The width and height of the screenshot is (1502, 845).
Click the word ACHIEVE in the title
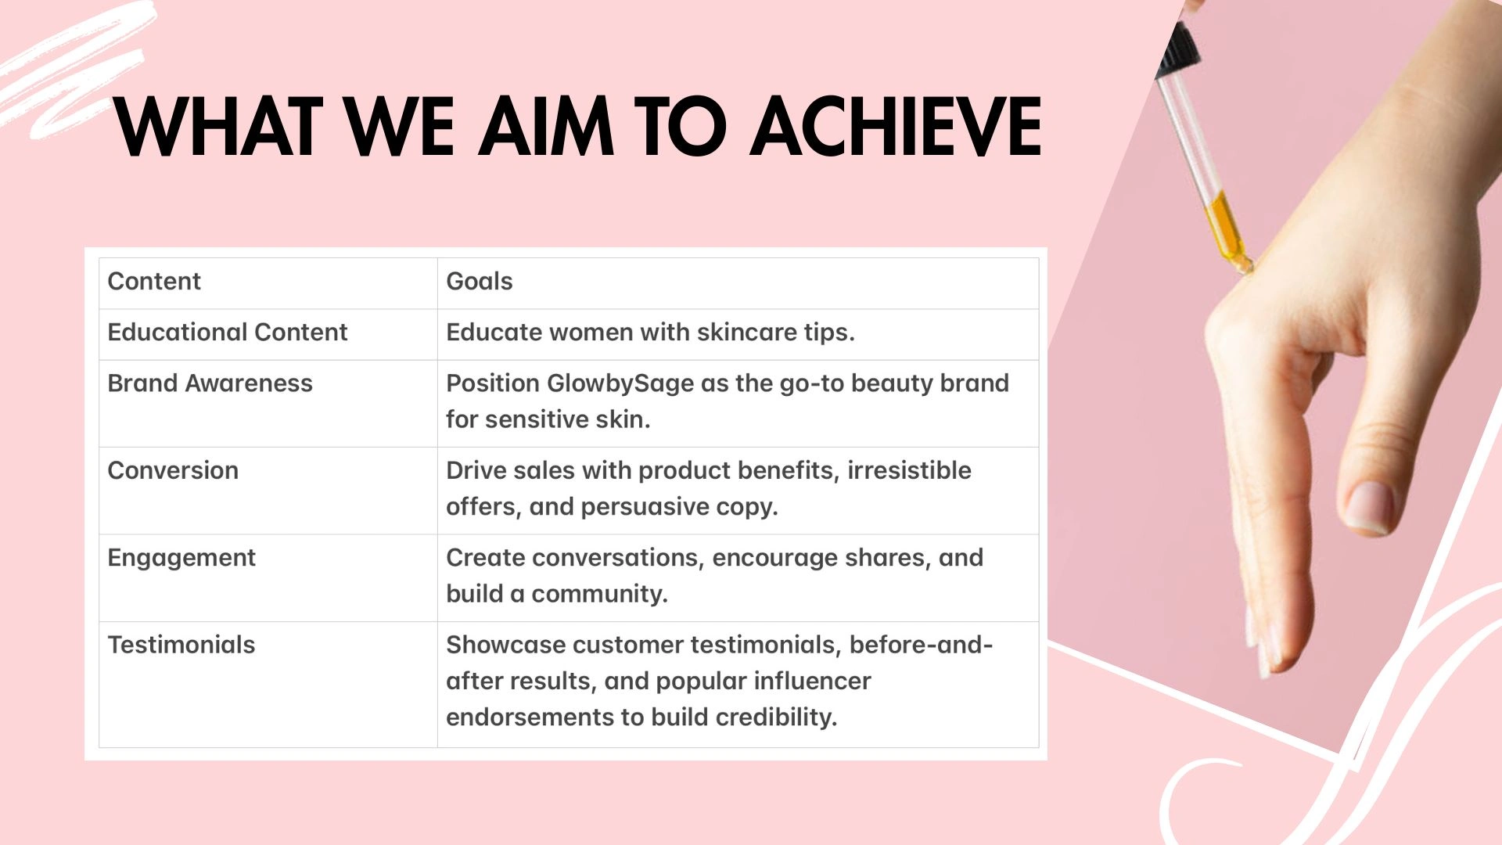[896, 126]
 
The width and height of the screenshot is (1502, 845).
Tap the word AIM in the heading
[545, 126]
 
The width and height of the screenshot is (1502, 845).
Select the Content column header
[154, 282]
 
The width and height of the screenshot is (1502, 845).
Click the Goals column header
[480, 282]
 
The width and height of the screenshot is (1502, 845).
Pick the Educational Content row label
[227, 333]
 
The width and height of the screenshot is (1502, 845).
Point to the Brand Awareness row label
[210, 383]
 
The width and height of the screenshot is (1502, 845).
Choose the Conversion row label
[173, 471]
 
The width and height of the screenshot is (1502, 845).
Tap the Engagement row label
[181, 559]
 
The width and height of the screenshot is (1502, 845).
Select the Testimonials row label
[181, 645]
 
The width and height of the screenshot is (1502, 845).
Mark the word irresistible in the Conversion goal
[909, 471]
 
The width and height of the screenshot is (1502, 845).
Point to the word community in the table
[599, 595]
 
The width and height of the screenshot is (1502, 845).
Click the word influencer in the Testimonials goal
[812, 681]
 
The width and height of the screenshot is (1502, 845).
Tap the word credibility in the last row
[776, 717]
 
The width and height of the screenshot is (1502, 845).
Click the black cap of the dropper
[1177, 49]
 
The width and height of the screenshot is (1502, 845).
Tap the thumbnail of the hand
[1371, 507]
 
